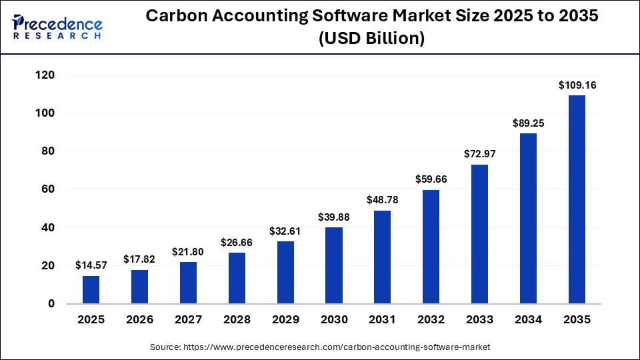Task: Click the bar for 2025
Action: pyautogui.click(x=91, y=290)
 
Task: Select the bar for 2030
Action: pyautogui.click(x=333, y=265)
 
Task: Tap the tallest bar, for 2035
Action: pyautogui.click(x=577, y=199)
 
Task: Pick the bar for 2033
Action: pyautogui.click(x=479, y=234)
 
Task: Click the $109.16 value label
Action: pyautogui.click(x=577, y=85)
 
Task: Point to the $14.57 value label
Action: pyautogui.click(x=91, y=265)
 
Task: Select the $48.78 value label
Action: pyautogui.click(x=382, y=200)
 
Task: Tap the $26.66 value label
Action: pyautogui.click(x=237, y=242)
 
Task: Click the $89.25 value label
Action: pyautogui.click(x=528, y=123)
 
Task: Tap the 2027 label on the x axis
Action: pyautogui.click(x=188, y=319)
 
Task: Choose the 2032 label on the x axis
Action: pyautogui.click(x=431, y=319)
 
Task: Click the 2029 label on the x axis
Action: pyautogui.click(x=285, y=319)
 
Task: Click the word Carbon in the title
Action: pyautogui.click(x=177, y=17)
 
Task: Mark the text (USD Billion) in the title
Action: pyautogui.click(x=372, y=39)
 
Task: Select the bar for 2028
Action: pyautogui.click(x=237, y=278)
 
